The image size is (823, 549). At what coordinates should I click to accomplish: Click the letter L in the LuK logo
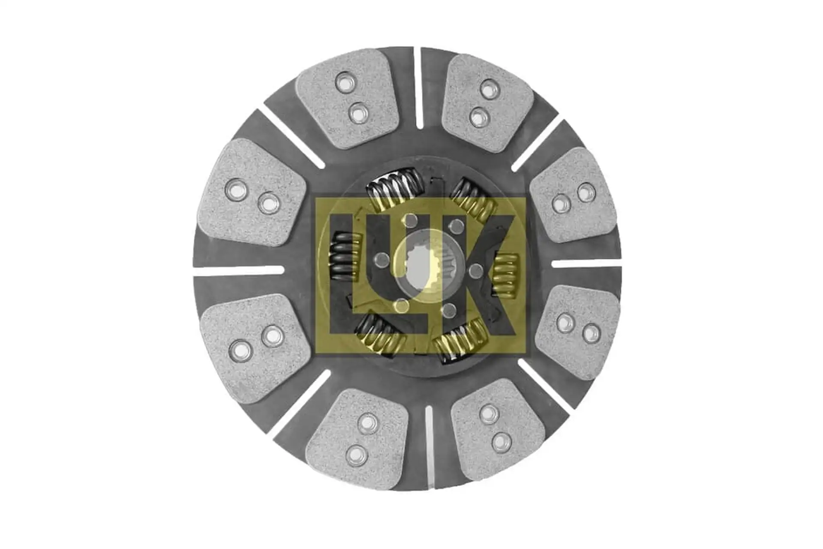click(x=343, y=300)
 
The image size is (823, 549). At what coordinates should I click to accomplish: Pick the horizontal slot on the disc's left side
click(x=239, y=270)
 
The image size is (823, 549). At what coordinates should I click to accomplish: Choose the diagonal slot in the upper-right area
click(x=536, y=143)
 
